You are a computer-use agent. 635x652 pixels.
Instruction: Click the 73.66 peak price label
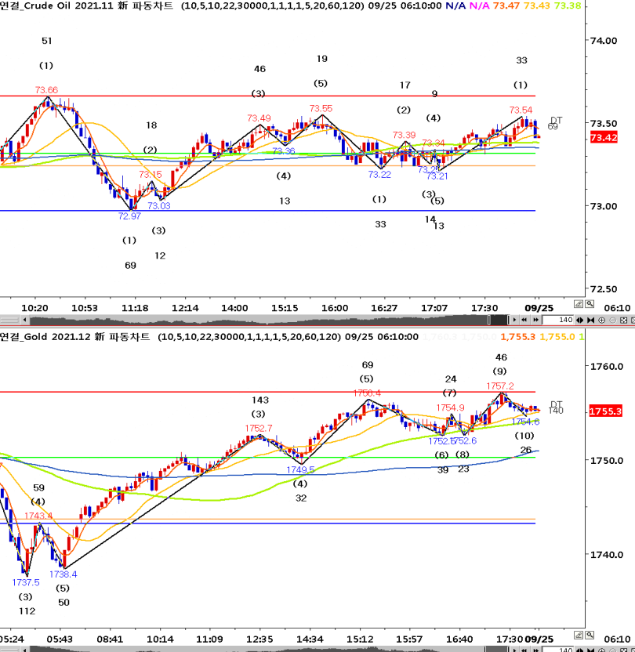46,90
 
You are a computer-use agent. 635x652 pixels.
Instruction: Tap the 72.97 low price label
129,216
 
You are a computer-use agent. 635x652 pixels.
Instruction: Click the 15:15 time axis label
285,308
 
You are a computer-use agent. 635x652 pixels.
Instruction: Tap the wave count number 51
47,41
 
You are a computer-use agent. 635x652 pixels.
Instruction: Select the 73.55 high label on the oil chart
321,109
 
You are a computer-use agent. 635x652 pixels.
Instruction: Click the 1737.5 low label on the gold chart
26,582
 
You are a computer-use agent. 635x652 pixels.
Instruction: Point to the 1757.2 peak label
500,386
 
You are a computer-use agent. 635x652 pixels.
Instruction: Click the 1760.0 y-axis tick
606,366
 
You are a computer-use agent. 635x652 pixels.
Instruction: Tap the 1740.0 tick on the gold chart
606,555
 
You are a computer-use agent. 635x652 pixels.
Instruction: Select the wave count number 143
259,400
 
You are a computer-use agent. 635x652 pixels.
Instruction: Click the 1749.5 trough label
300,470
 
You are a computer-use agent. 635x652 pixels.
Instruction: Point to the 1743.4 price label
38,516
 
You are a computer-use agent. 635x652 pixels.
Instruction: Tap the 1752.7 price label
259,428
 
